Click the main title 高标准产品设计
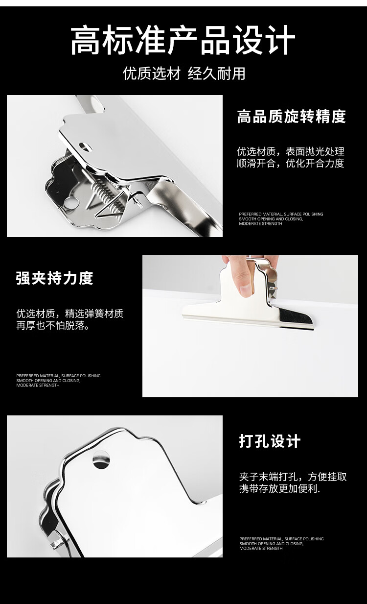[183, 40]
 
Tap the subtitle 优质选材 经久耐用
[184, 73]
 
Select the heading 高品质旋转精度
[291, 117]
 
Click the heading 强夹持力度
[55, 278]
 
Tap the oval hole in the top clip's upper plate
[86, 147]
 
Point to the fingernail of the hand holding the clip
[245, 290]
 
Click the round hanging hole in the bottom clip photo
[101, 460]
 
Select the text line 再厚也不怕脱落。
[53, 326]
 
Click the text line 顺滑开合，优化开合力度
[291, 163]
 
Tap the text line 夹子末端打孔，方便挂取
[293, 477]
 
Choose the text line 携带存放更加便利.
[279, 488]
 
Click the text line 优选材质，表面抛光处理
[291, 151]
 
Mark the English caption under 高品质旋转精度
[281, 218]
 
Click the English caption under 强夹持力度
[58, 381]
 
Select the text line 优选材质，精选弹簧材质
[70, 314]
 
